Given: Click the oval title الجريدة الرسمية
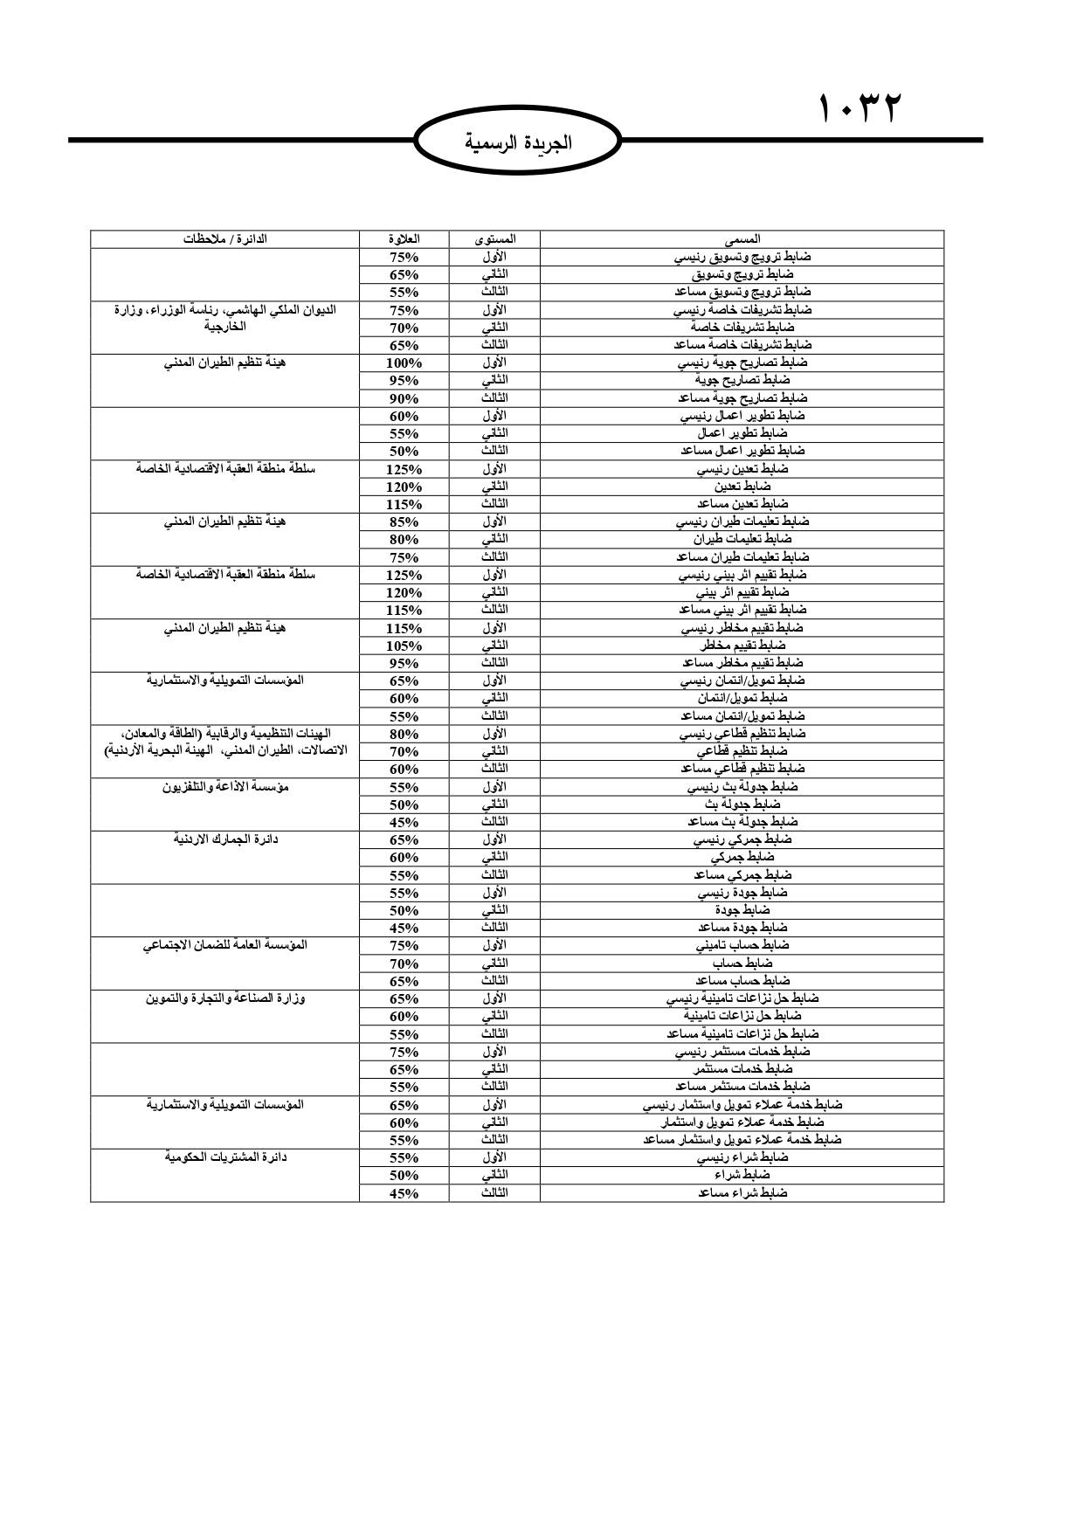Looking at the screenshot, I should tap(518, 142).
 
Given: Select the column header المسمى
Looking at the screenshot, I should tap(742, 238).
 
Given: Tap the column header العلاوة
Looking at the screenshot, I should tap(404, 238).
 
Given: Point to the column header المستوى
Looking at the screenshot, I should tap(494, 238).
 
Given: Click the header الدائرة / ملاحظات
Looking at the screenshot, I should tap(224, 238).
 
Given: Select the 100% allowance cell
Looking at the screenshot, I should tap(404, 363).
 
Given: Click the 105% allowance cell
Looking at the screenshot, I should tap(404, 646).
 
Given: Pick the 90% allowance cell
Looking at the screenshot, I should tap(404, 398).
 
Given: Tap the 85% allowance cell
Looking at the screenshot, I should tap(404, 521).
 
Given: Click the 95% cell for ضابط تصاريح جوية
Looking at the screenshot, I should tap(404, 380).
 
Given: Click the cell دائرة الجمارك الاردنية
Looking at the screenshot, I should tap(224, 839).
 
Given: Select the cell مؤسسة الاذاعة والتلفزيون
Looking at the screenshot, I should tap(224, 787).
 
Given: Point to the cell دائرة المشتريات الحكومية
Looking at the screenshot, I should tap(224, 1157).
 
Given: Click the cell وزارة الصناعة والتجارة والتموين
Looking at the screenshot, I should tap(224, 998).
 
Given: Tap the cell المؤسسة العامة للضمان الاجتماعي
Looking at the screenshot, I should tap(224, 945).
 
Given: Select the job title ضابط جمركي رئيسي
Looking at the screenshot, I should tap(742, 839).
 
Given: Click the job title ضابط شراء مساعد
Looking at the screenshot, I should tap(742, 1192).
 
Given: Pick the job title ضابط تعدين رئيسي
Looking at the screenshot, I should tap(742, 469).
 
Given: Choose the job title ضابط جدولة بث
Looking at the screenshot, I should tap(742, 804).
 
